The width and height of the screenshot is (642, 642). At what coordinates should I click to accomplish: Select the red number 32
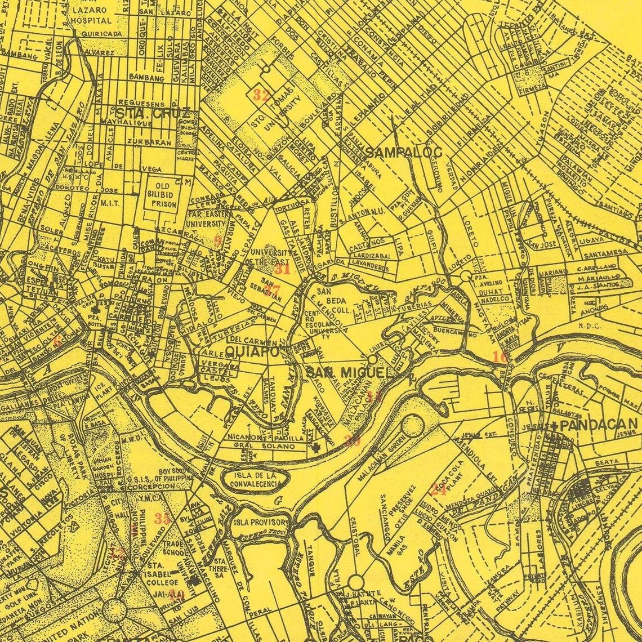click(261, 95)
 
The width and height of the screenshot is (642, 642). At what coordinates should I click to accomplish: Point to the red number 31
click(282, 268)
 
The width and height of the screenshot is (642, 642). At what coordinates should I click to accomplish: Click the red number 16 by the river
click(500, 356)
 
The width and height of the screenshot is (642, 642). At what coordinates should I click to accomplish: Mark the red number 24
click(438, 489)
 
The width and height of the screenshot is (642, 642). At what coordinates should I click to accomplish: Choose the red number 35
click(163, 519)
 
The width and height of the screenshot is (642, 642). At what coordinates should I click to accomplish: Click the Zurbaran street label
click(149, 142)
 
